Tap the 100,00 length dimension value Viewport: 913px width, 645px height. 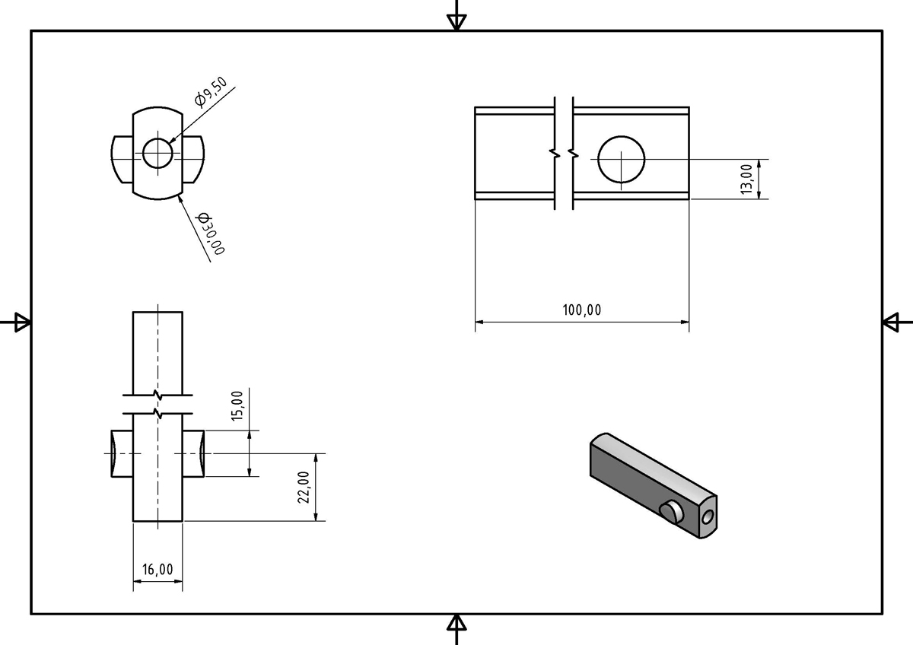[x=581, y=310]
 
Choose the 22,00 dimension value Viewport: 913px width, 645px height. [x=303, y=487]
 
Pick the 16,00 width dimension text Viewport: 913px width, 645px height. [x=157, y=569]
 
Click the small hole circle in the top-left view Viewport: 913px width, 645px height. [x=157, y=153]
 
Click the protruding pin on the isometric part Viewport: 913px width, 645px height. [x=670, y=513]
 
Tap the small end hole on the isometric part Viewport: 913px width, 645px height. [x=708, y=518]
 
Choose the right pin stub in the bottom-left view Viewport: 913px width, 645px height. [x=194, y=453]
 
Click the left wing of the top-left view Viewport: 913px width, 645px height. [x=122, y=159]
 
